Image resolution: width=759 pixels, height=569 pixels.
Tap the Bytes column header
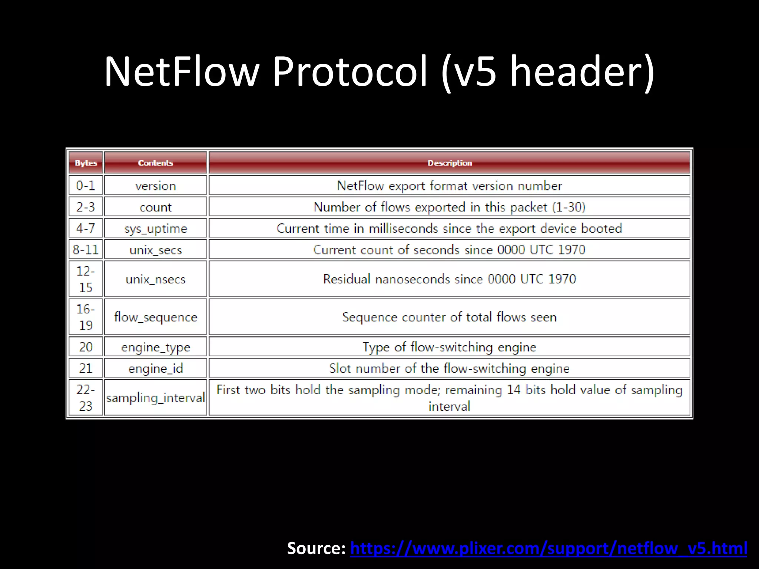point(86,163)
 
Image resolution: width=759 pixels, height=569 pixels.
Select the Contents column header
point(155,163)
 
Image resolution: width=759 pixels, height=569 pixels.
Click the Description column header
point(449,163)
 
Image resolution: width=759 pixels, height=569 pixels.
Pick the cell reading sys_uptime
point(155,228)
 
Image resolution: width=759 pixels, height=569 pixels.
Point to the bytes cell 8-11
point(86,250)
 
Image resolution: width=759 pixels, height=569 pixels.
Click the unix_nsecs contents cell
point(155,279)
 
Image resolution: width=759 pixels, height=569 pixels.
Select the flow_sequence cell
point(155,317)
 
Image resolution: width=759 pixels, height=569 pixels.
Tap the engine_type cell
point(155,347)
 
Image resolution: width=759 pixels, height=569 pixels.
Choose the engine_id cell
point(155,369)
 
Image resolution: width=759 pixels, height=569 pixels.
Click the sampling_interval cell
point(155,398)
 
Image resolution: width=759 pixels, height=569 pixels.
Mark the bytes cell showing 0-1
point(86,186)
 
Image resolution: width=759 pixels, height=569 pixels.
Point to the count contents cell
point(155,207)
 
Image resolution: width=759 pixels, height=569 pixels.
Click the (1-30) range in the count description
point(569,207)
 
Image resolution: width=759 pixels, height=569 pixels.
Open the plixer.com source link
point(548,548)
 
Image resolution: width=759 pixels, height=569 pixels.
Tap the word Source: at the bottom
point(316,548)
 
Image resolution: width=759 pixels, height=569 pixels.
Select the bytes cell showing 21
point(86,369)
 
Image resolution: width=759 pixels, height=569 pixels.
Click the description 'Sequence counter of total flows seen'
point(449,317)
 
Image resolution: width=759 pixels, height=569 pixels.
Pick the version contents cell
point(155,186)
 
